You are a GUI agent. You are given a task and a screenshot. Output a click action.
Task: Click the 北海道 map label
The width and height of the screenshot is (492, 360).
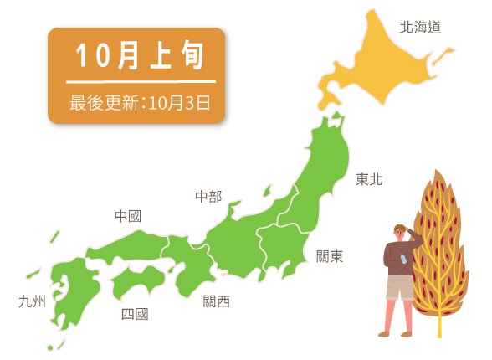pyautogui.click(x=420, y=27)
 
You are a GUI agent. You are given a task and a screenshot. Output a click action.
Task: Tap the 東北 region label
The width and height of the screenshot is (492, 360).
pyautogui.click(x=368, y=178)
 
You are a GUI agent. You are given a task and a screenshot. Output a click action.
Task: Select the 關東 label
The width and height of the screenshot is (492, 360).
pyautogui.click(x=329, y=256)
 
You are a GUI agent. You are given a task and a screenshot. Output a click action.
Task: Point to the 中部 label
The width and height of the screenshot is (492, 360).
pyautogui.click(x=208, y=197)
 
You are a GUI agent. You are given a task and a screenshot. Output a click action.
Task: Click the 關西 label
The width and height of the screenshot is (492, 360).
pyautogui.click(x=216, y=301)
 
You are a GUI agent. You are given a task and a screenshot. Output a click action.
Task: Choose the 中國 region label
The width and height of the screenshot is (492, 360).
pyautogui.click(x=127, y=216)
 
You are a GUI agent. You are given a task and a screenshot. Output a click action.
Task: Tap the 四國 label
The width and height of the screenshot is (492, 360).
pyautogui.click(x=135, y=314)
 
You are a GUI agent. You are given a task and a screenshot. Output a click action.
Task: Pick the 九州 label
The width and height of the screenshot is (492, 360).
pyautogui.click(x=32, y=301)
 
